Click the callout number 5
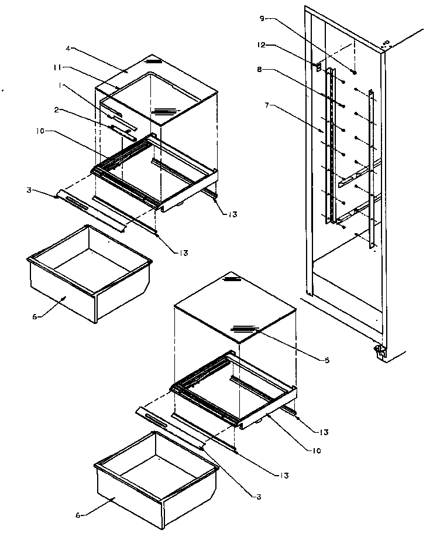326,360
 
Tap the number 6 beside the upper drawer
35,316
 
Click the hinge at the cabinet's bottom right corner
379,351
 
